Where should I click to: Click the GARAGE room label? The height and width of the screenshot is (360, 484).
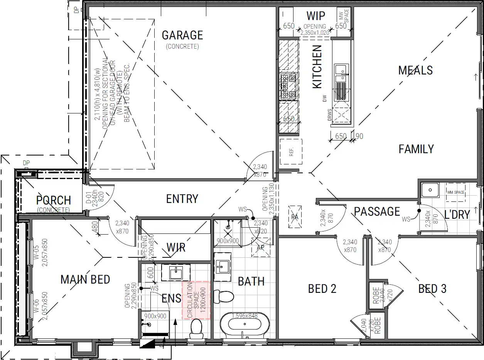182,35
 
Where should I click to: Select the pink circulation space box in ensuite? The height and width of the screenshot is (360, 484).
196,300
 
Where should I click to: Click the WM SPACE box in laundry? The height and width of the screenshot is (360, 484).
455,192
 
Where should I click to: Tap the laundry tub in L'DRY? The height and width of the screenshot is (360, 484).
429,190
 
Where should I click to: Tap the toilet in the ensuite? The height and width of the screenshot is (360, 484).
196,327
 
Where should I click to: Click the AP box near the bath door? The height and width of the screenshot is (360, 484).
260,247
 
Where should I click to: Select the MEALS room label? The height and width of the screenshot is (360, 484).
415,71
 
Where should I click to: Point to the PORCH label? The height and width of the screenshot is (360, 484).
54,201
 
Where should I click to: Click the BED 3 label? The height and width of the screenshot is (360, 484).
432,289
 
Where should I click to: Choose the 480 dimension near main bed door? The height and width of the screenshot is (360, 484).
95,226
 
